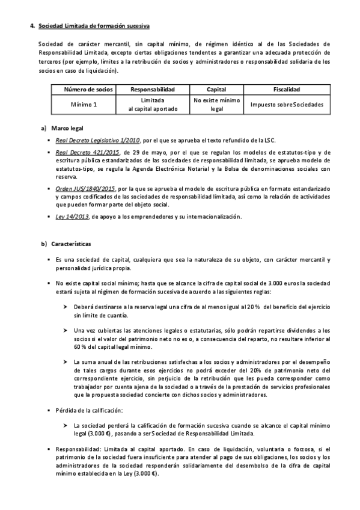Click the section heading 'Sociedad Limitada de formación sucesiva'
[x=94, y=26]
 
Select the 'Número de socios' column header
[x=88, y=89]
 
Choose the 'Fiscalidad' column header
[x=287, y=89]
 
